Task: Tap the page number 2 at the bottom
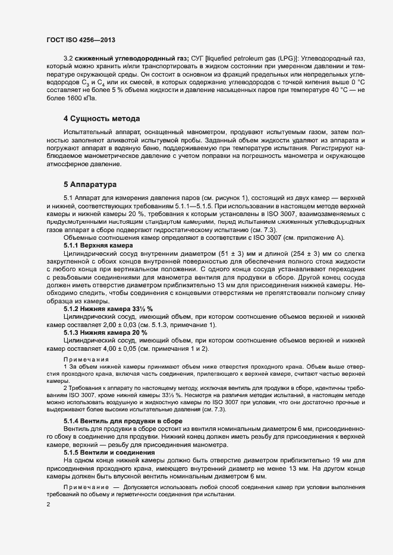(48, 505)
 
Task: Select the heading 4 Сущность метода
(102, 119)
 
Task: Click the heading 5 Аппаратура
(90, 184)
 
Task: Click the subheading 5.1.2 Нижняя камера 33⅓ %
(108, 309)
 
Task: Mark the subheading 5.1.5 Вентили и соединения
(108, 452)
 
